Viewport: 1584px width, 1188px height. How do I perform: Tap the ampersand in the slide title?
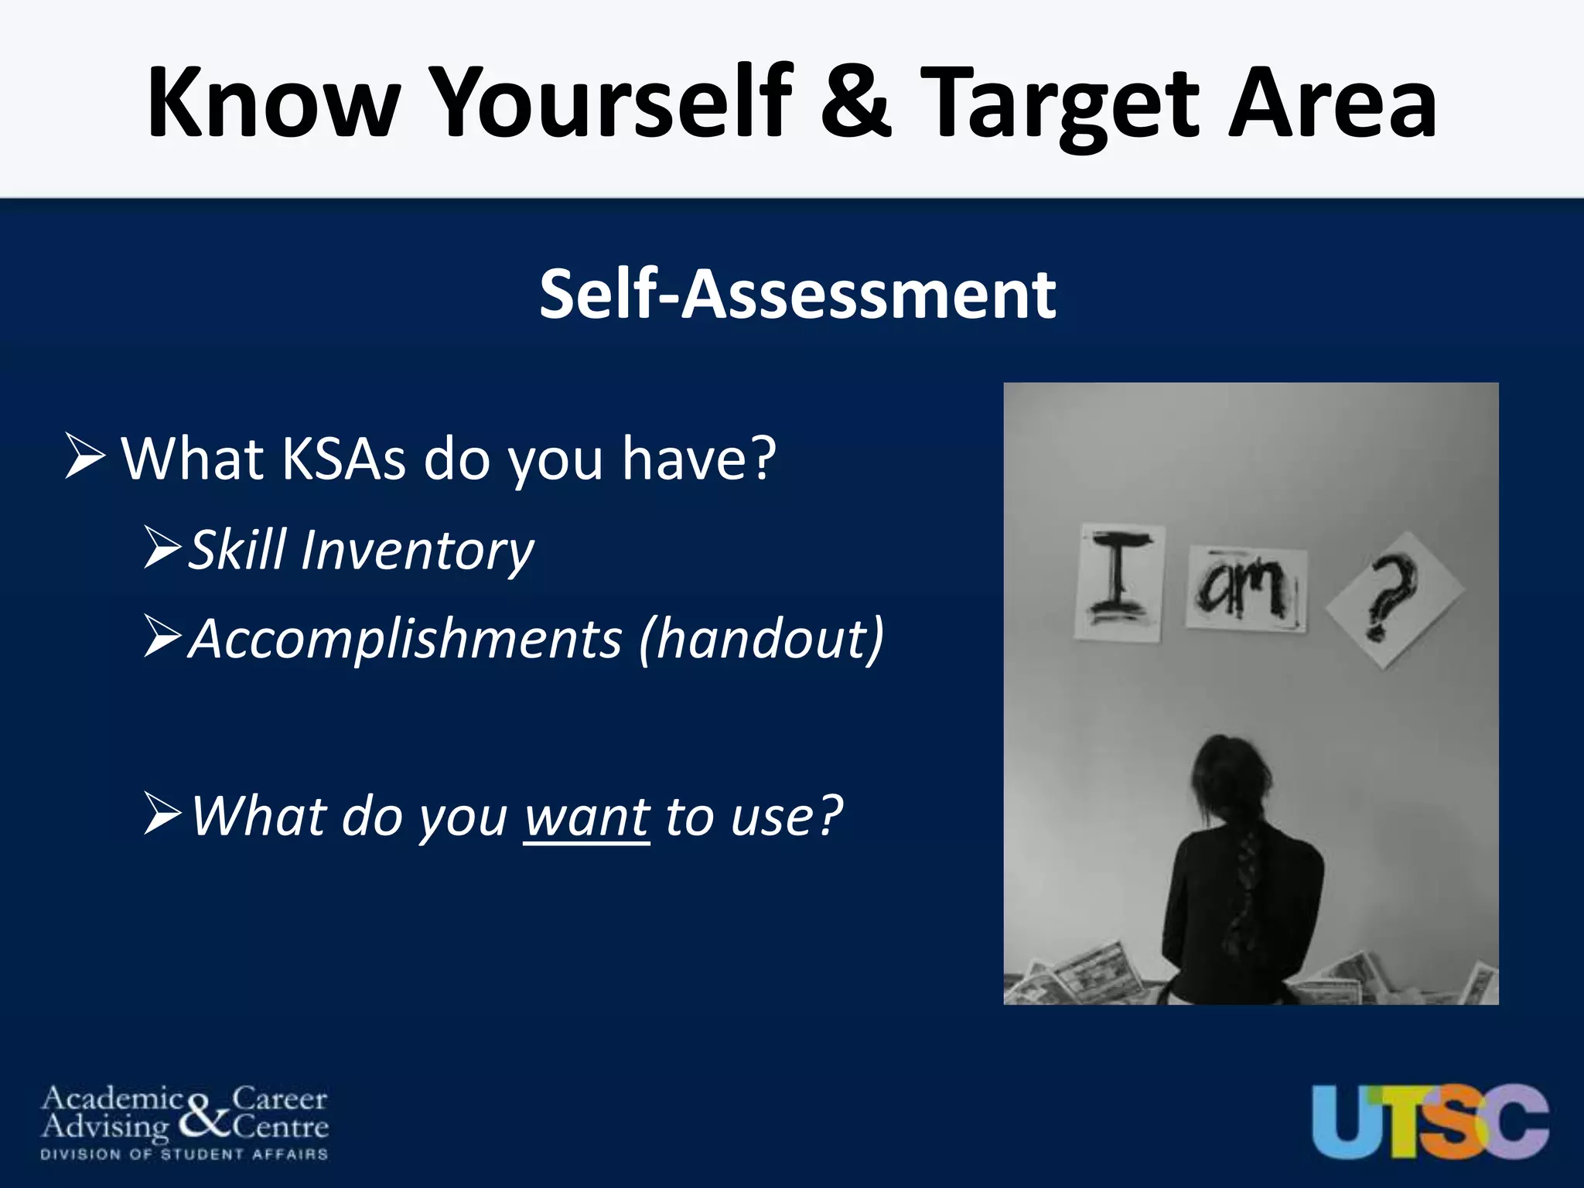tap(856, 104)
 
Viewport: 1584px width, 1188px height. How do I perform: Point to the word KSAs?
tap(343, 459)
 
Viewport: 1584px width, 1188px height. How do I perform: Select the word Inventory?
tap(417, 551)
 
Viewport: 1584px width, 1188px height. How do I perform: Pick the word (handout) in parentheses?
tap(761, 640)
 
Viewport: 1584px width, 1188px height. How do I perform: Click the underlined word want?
tap(586, 817)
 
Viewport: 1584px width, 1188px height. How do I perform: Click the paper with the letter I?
tap(1119, 582)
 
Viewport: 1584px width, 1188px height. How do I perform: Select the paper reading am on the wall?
tap(1246, 589)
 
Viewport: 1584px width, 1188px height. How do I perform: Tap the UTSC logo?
tap(1429, 1121)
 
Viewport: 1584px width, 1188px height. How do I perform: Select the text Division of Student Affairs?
tap(184, 1155)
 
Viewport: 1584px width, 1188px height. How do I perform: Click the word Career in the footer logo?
tap(279, 1098)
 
